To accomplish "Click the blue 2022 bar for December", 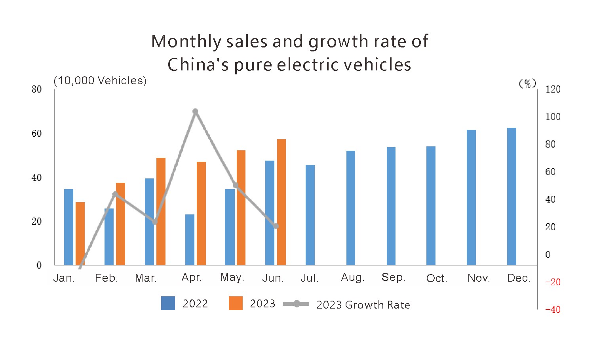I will [512, 196].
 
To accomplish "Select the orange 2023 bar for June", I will [281, 202].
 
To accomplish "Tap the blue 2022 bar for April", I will [190, 240].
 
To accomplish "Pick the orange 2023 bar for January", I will [80, 233].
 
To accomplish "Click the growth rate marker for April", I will [195, 112].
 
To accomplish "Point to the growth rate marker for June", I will [276, 226].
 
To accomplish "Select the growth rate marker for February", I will [115, 194].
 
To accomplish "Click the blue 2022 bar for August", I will [351, 208].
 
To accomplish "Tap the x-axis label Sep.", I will [393, 277].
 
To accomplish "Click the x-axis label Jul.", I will [309, 278].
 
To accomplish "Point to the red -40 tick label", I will [553, 309].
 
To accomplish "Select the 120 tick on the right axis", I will [553, 89].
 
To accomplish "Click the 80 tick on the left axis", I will [37, 89].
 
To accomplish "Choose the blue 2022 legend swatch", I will [168, 303].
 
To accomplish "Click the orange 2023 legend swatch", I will [236, 303].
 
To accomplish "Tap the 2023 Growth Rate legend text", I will [363, 305].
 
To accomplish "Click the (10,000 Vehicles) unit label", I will [100, 81].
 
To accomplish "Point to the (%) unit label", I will [527, 83].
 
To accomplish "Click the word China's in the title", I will [198, 65].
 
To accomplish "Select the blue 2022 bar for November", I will [471, 197].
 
